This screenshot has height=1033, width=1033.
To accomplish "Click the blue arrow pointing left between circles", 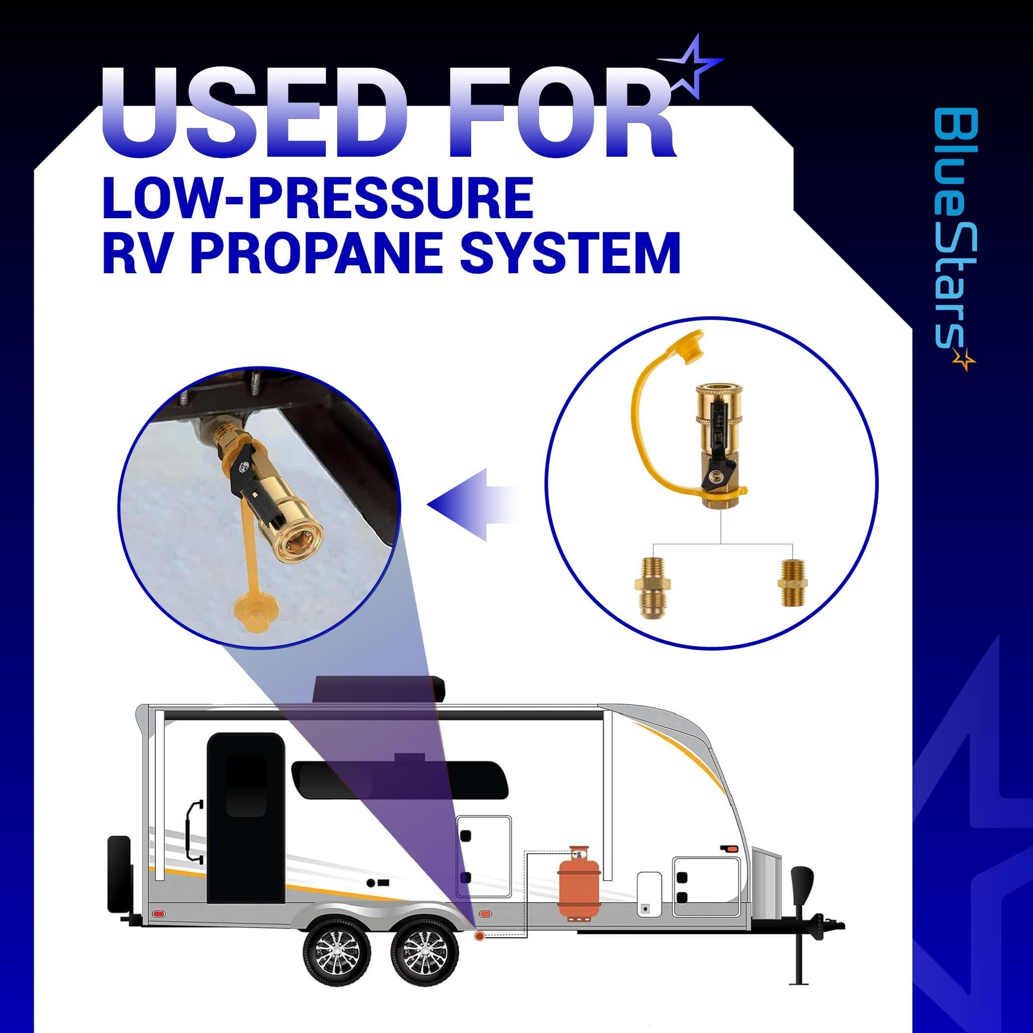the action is [473, 505].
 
